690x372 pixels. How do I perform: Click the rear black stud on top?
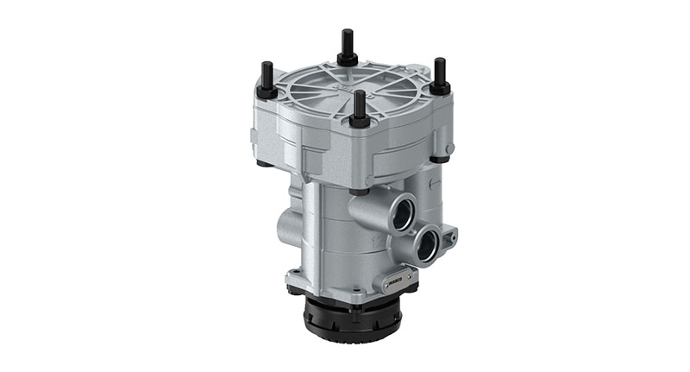click(348, 43)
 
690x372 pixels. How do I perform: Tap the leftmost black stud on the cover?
click(267, 74)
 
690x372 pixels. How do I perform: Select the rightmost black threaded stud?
click(440, 70)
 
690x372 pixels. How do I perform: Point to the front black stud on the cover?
click(359, 103)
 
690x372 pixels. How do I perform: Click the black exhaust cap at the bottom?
click(353, 318)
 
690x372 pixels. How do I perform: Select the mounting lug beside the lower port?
click(448, 234)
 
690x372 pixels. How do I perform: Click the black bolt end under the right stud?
click(440, 159)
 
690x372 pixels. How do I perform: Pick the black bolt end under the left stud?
click(260, 162)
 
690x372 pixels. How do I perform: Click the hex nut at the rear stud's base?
click(348, 60)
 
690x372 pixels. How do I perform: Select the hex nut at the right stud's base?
click(440, 88)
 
